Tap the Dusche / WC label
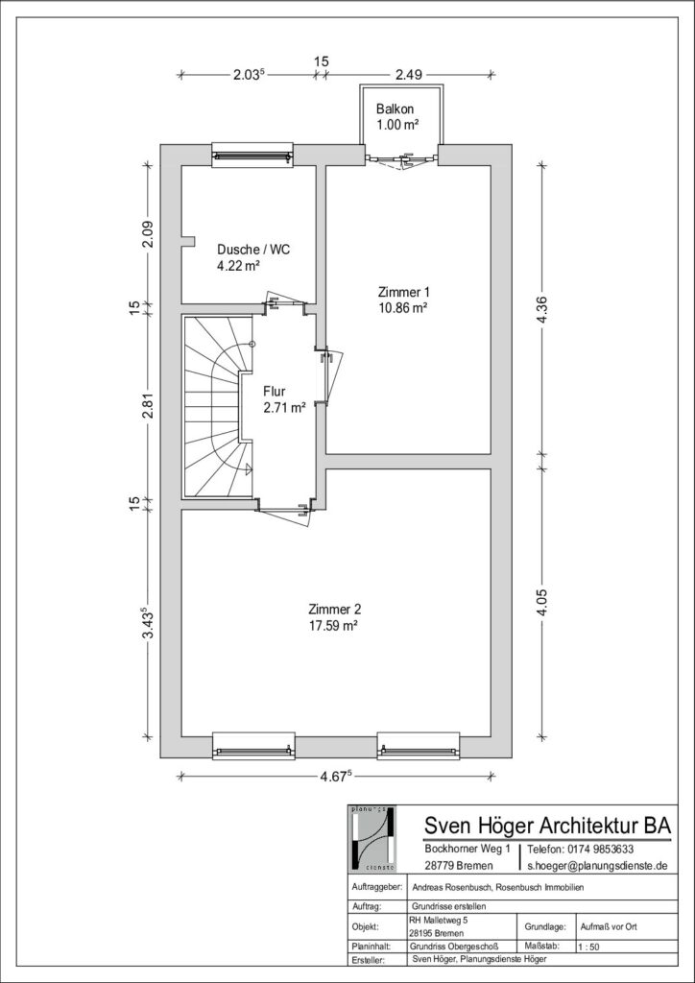pyautogui.click(x=253, y=250)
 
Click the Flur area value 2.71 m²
pyautogui.click(x=285, y=407)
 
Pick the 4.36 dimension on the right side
pyautogui.click(x=542, y=308)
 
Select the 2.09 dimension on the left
pyautogui.click(x=148, y=235)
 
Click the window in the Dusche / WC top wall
pyautogui.click(x=252, y=155)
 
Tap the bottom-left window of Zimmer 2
pyautogui.click(x=253, y=746)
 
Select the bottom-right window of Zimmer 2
pyautogui.click(x=418, y=746)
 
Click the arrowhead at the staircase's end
pyautogui.click(x=249, y=468)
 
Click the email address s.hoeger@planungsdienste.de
pyautogui.click(x=597, y=865)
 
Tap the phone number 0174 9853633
pyautogui.click(x=581, y=850)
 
